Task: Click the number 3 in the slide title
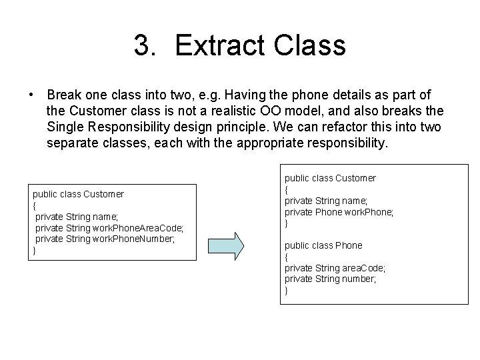140,46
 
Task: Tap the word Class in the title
312,46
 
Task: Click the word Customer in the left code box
103,194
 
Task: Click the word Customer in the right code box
355,178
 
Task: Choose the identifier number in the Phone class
360,279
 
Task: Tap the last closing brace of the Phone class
287,291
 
